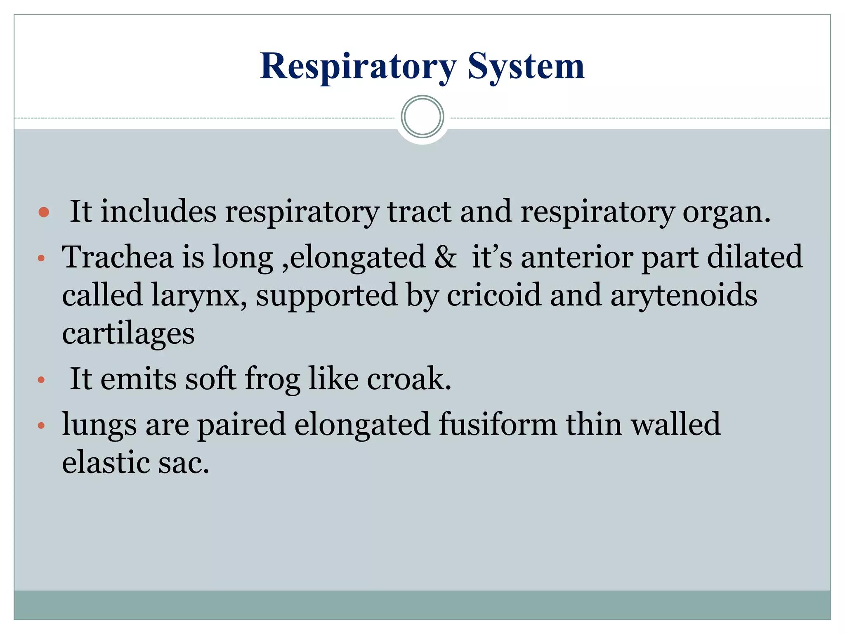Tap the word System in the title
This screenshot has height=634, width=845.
[526, 67]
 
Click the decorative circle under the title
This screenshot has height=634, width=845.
[422, 117]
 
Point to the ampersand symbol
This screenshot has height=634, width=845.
[445, 257]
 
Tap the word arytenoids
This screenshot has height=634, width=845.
[684, 296]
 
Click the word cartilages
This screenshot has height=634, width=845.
[128, 334]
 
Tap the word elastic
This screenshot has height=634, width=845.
[105, 462]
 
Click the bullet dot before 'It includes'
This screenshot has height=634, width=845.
[43, 213]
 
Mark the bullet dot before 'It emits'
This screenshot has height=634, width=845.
[41, 380]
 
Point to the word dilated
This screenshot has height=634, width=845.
[755, 257]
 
